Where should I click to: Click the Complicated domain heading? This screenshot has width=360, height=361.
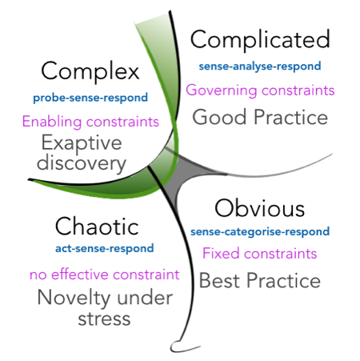(x=260, y=39)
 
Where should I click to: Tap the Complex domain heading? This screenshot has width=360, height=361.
(x=90, y=71)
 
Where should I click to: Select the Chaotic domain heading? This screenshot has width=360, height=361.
(x=97, y=227)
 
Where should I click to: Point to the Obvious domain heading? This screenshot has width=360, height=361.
(x=260, y=208)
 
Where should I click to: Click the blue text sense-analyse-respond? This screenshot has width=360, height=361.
(x=260, y=66)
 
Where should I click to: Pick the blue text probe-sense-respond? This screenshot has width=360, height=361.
(x=90, y=98)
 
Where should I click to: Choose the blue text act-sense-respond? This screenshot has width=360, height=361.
(x=105, y=248)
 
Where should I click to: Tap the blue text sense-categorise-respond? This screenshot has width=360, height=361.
(x=260, y=231)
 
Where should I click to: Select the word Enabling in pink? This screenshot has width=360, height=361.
(x=52, y=122)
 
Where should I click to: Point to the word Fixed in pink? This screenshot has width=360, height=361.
(x=221, y=253)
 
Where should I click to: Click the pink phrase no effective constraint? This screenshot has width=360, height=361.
(x=105, y=275)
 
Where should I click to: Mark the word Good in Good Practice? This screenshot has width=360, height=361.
(x=219, y=117)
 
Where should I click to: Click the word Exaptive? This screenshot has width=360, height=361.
(x=82, y=143)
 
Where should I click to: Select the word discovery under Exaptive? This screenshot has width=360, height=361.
(x=82, y=163)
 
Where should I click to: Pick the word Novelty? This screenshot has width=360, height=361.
(x=74, y=298)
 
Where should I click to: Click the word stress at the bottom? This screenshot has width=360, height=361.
(x=104, y=319)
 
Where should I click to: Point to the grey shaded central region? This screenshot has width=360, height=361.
(x=184, y=174)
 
